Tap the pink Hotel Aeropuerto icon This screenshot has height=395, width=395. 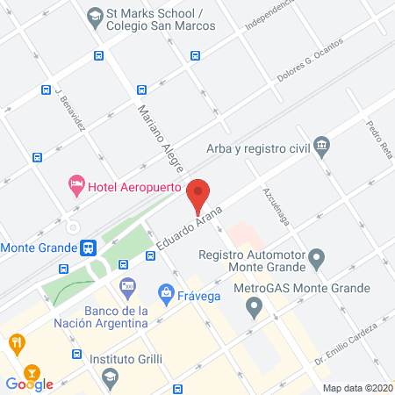tap(76, 185)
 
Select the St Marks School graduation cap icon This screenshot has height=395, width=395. tap(95, 15)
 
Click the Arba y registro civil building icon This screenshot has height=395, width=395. tap(322, 145)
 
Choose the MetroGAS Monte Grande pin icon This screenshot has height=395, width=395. tap(255, 307)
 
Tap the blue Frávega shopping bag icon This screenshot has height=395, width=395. tap(164, 291)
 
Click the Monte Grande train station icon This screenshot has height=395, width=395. tap(88, 248)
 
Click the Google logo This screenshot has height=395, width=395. tap(30, 384)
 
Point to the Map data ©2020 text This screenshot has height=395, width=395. tap(357, 388)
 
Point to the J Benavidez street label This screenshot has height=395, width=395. tap(69, 109)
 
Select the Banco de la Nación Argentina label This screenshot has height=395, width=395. tap(127, 317)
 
